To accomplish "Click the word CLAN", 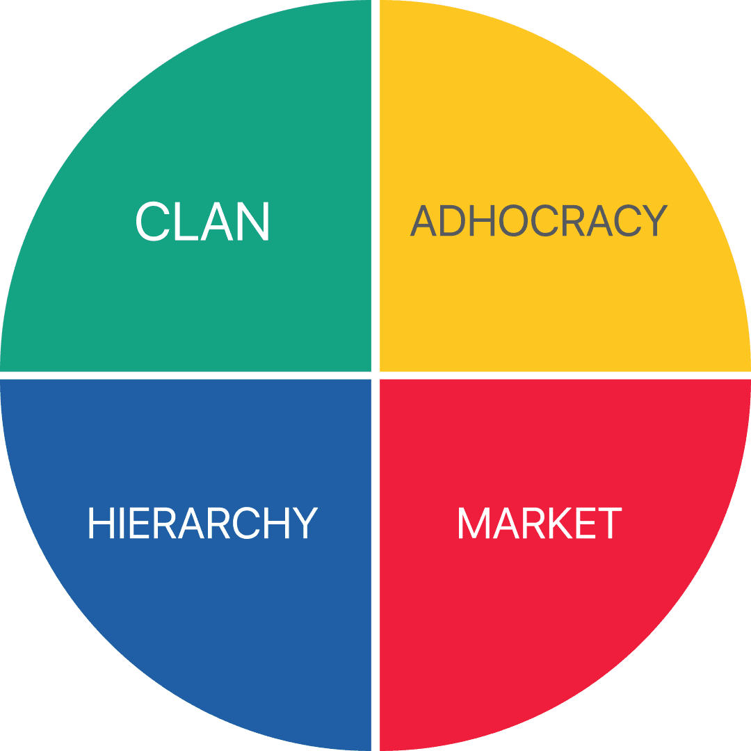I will pyautogui.click(x=202, y=222).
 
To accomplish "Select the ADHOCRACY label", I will pyautogui.click(x=538, y=222).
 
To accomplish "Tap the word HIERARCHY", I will pyautogui.click(x=202, y=524).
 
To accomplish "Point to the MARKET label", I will pyautogui.click(x=539, y=524).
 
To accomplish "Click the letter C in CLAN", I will pyautogui.click(x=152, y=222).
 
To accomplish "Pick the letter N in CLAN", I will pyautogui.click(x=252, y=222).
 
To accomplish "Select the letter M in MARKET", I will pyautogui.click(x=474, y=524).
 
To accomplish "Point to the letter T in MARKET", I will pyautogui.click(x=608, y=524).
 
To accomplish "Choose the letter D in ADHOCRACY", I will pyautogui.click(x=453, y=222).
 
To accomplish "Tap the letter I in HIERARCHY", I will pyautogui.click(x=118, y=524).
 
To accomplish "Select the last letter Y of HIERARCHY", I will pyautogui.click(x=304, y=524).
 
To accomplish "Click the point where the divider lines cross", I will pyautogui.click(x=375, y=375).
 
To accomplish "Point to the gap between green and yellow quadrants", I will pyautogui.click(x=375, y=188).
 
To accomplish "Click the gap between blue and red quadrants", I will pyautogui.click(x=375, y=563).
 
